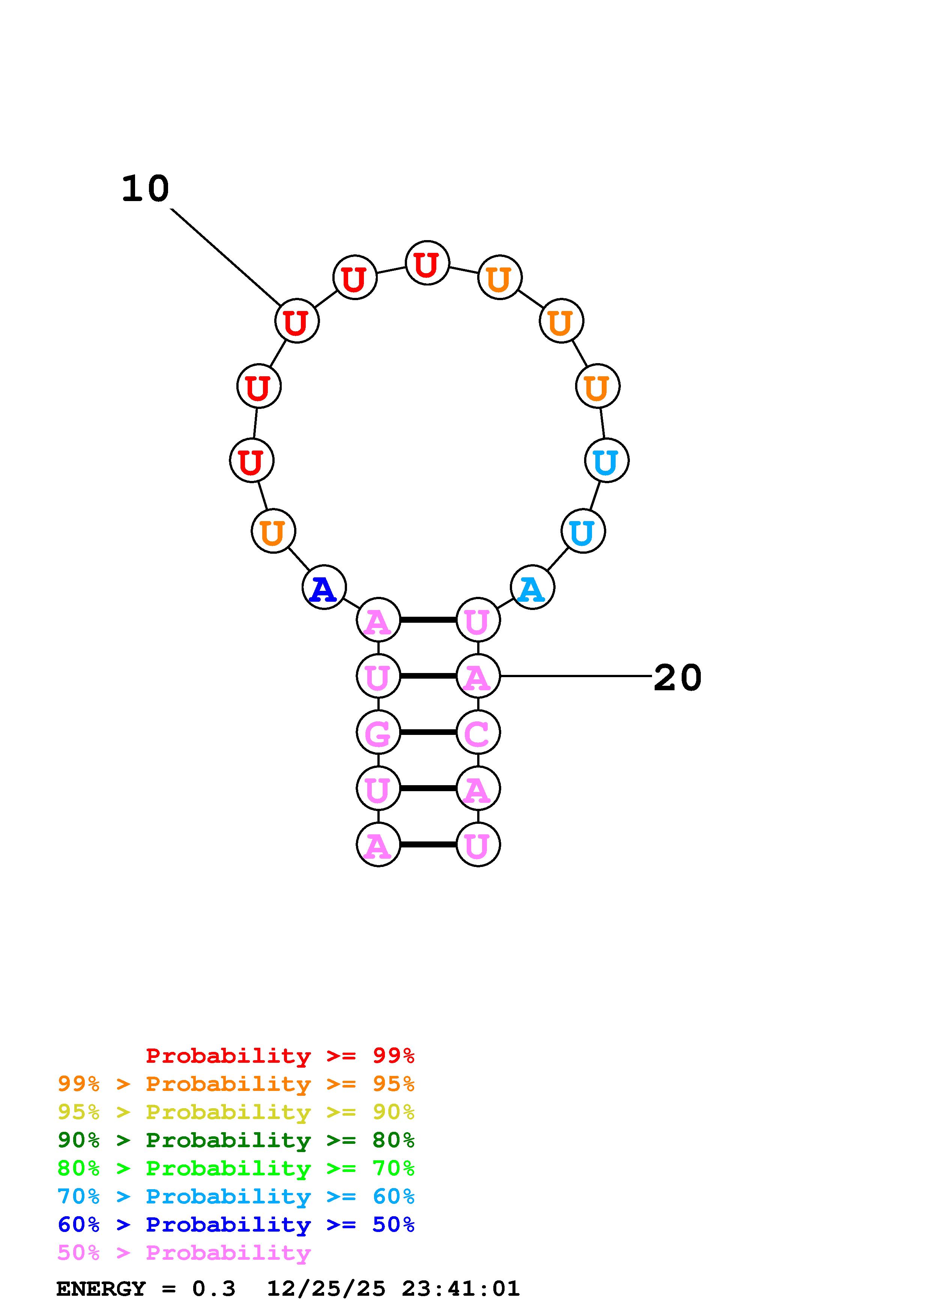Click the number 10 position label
[x=146, y=189]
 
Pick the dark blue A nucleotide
[x=324, y=587]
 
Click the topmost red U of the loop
[x=427, y=263]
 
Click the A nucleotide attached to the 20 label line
[x=478, y=676]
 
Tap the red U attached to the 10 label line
[x=297, y=321]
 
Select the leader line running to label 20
[x=576, y=676]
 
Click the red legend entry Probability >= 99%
[x=279, y=1055]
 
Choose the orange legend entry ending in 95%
[x=236, y=1084]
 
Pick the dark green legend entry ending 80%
[x=236, y=1140]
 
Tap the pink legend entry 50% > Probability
[x=183, y=1253]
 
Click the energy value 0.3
[x=214, y=1289]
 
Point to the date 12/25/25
[x=326, y=1289]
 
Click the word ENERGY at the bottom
[x=101, y=1289]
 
